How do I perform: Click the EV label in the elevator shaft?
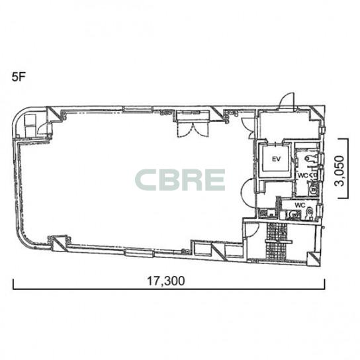click(x=276, y=159)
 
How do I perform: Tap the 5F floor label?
click(x=19, y=77)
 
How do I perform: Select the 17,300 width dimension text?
click(x=165, y=281)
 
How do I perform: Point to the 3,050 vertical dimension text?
click(x=339, y=171)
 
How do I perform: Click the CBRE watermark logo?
click(x=180, y=180)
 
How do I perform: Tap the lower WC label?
click(x=300, y=204)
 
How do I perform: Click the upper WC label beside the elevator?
click(x=302, y=175)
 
